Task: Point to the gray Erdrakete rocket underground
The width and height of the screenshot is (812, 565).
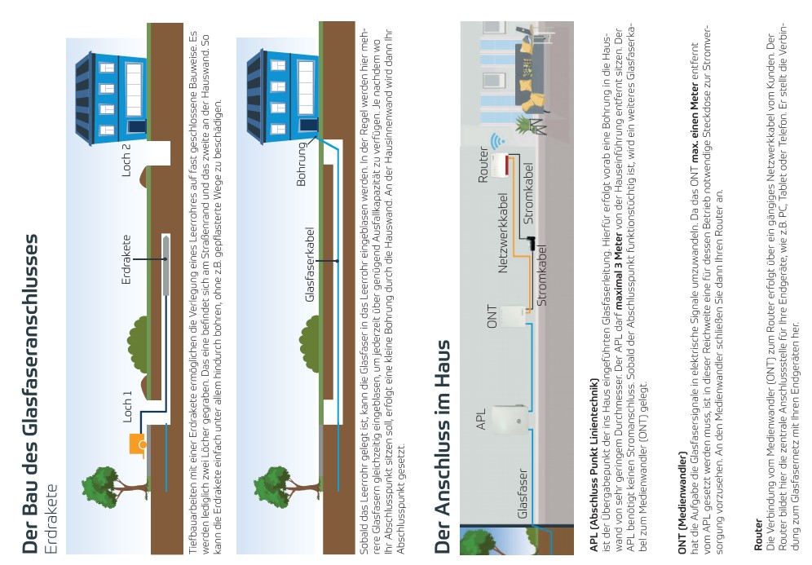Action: (x=166, y=264)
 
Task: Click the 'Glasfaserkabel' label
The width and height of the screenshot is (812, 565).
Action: (x=310, y=265)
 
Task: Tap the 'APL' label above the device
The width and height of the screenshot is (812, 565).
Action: (x=481, y=419)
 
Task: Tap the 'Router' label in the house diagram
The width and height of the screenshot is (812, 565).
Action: (x=483, y=165)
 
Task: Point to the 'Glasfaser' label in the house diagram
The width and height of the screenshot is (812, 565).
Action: (x=523, y=493)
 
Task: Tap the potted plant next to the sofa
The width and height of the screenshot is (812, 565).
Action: (x=524, y=125)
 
